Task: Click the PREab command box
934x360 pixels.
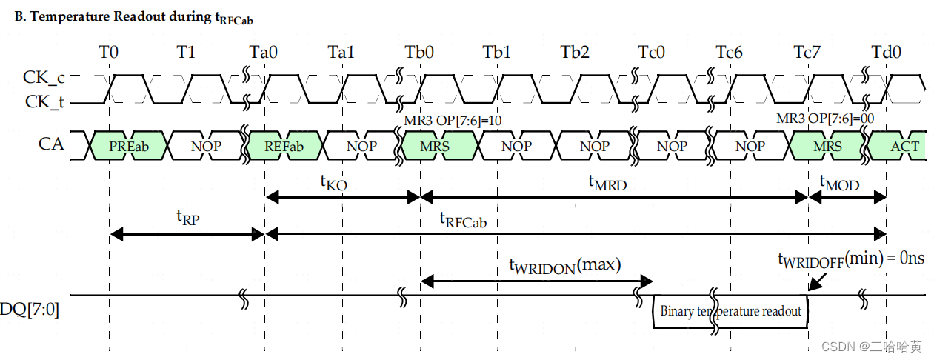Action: [x=129, y=146]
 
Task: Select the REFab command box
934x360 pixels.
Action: [x=284, y=146]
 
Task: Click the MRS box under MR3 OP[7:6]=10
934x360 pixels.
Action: [x=435, y=146]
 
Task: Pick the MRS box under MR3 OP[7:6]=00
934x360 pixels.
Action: [x=827, y=146]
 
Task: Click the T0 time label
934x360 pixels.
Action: [x=109, y=53]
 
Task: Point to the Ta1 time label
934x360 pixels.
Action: [x=341, y=53]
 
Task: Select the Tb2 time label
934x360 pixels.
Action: [x=575, y=53]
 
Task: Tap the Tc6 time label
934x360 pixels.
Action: [x=730, y=53]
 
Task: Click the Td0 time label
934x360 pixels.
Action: [x=885, y=53]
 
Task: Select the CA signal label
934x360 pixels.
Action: [x=51, y=144]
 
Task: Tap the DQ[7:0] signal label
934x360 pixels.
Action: [x=30, y=310]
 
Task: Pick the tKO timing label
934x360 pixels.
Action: [x=334, y=181]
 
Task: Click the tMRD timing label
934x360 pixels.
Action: [x=607, y=182]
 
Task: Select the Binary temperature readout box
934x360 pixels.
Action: [x=730, y=311]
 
